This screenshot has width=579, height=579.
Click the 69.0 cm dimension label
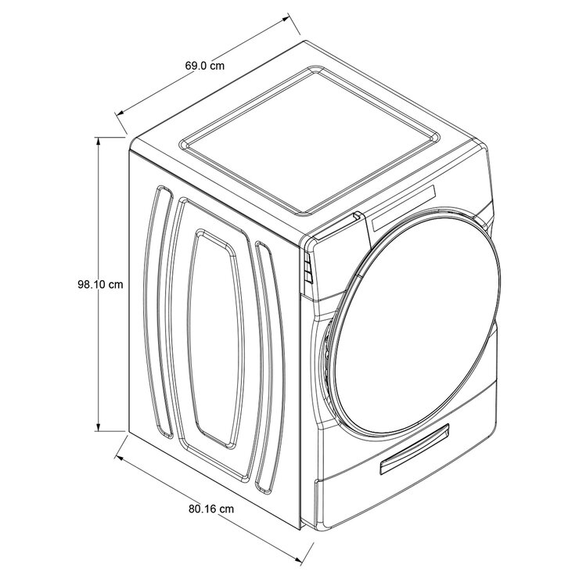coord(205,67)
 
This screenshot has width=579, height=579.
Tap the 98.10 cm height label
coord(101,285)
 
